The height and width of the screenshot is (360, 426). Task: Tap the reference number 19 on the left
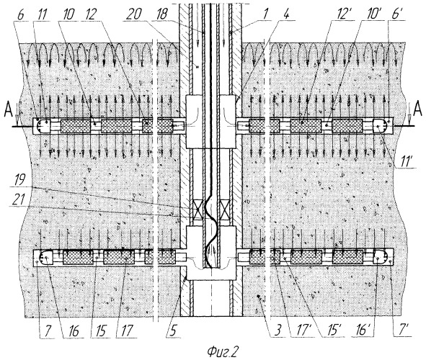[x=19, y=181]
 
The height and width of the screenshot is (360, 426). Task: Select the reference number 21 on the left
[x=19, y=200]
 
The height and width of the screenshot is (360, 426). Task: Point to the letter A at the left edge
[x=9, y=111]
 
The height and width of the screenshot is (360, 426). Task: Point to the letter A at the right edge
[x=417, y=111]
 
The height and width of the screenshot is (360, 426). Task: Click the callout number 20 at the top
[x=133, y=14]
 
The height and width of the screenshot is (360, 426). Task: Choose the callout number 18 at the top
[x=161, y=14]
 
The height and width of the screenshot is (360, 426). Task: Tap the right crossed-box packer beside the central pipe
[x=224, y=210]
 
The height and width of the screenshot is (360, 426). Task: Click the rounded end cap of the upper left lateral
[x=43, y=126]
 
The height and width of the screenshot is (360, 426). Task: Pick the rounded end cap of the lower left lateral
[x=46, y=256]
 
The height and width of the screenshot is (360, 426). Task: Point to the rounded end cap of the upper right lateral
[x=380, y=126]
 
